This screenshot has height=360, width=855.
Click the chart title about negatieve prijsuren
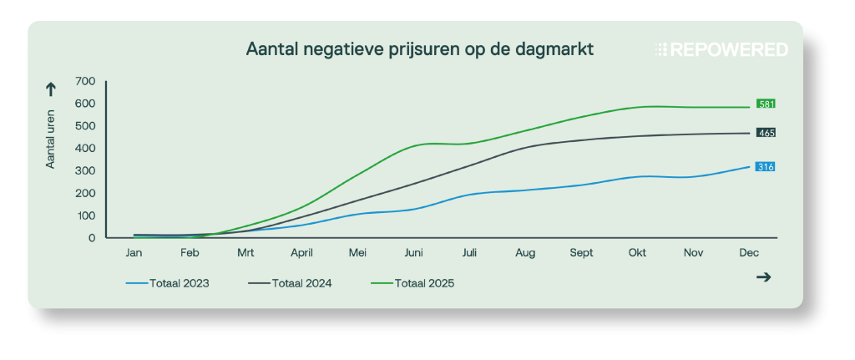[420, 49]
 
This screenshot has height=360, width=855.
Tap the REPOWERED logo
[721, 50]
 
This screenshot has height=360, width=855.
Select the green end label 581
[766, 104]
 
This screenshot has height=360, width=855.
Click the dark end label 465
[766, 133]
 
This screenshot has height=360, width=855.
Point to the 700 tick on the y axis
[85, 81]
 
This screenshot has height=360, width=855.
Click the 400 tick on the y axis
[85, 149]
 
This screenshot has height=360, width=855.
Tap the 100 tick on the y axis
[85, 215]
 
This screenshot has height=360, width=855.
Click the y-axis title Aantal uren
[51, 138]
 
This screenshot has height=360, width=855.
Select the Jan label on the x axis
[134, 251]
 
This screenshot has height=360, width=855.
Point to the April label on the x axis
[301, 251]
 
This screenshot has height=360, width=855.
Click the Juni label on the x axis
[412, 251]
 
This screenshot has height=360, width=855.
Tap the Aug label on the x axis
[525, 251]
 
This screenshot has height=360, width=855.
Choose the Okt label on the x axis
[637, 251]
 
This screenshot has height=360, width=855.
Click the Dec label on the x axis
[749, 251]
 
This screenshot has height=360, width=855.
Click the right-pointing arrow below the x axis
[762, 277]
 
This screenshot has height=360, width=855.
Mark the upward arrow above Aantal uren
[51, 89]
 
